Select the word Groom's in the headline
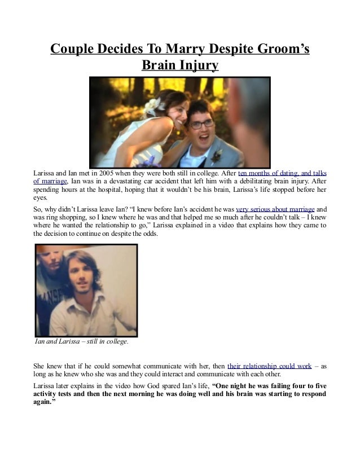tap(280, 49)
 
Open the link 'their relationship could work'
tap(269, 366)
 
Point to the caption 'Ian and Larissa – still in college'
tap(82, 341)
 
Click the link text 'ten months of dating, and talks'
tap(283, 172)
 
